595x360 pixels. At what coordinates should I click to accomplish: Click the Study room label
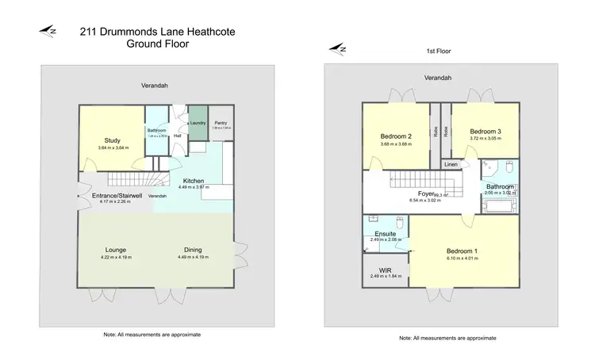coord(112,140)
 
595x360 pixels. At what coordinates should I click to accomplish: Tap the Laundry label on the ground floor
coord(197,123)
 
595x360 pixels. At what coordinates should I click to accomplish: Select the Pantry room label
coord(221,123)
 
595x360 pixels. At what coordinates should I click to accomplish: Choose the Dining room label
coord(187,250)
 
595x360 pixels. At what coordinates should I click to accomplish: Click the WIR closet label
coord(386,270)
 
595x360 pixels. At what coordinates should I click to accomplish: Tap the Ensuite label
coord(386,234)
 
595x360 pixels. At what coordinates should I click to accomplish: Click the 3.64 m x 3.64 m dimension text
coord(112,147)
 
